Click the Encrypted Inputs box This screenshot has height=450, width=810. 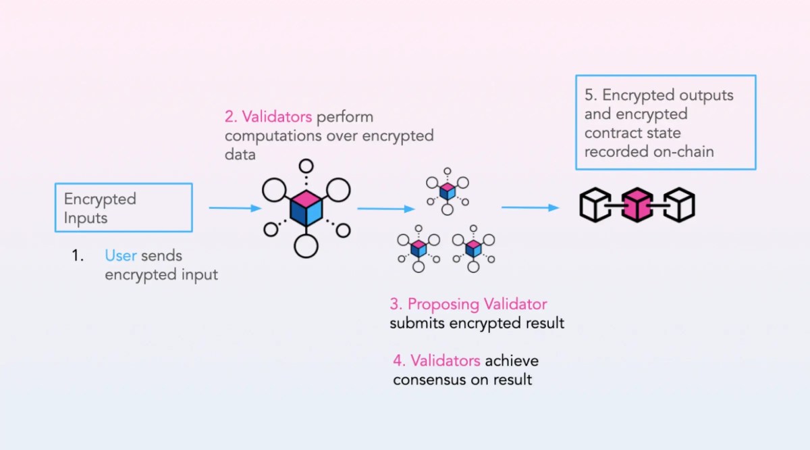point(124,208)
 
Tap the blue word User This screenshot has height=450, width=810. point(120,256)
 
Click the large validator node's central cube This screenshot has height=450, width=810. point(306,208)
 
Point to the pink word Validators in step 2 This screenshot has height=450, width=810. point(269,117)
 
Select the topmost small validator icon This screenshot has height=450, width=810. point(447,191)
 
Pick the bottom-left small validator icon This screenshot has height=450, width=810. point(418,248)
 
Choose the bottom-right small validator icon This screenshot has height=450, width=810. point(473,248)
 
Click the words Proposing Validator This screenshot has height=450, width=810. point(477,304)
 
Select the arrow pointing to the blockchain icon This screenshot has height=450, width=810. point(531,208)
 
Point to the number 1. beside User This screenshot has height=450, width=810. point(78,256)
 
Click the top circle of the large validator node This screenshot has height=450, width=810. point(306,166)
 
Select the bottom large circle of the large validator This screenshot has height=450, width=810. point(306,245)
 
